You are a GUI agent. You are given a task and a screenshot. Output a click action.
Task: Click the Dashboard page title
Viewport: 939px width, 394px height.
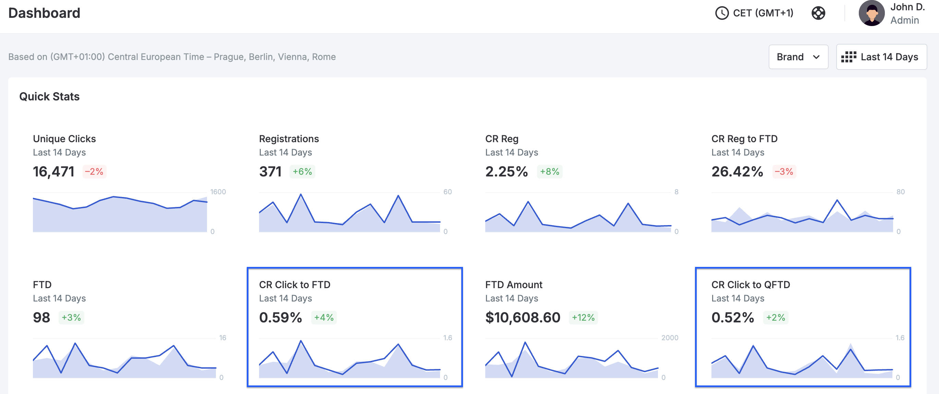(x=44, y=13)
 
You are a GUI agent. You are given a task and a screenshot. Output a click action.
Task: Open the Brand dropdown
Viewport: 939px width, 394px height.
(x=798, y=57)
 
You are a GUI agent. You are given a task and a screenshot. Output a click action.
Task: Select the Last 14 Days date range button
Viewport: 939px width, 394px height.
(x=881, y=57)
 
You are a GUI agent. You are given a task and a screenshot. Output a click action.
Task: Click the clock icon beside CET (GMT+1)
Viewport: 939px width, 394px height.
(x=722, y=13)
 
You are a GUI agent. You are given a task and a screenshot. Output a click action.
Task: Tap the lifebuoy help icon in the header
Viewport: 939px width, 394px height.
(x=818, y=13)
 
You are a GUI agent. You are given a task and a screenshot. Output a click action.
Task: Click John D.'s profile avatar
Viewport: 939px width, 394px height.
(x=871, y=13)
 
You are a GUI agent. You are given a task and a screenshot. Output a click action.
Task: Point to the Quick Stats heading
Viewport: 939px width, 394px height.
(x=49, y=97)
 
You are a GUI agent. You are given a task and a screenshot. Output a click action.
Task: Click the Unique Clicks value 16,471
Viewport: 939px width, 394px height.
(x=53, y=172)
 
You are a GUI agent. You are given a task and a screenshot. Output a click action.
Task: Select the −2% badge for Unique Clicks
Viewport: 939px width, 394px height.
(x=94, y=172)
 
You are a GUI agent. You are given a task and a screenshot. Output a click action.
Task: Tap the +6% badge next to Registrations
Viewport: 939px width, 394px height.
(x=302, y=172)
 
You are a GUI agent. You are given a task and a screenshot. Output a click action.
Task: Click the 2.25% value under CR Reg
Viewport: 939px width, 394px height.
(x=506, y=172)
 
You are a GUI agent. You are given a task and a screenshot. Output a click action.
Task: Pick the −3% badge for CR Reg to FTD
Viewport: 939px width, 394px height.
(x=784, y=172)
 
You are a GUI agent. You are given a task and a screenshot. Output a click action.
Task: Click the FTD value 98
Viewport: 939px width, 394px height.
(x=41, y=318)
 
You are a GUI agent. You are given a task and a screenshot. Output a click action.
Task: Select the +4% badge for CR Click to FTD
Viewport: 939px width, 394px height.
(x=324, y=318)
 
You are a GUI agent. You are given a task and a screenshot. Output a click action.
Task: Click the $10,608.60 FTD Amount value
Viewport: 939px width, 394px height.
(x=523, y=318)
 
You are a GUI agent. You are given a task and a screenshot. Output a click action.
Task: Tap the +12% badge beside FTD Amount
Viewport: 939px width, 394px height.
(x=583, y=318)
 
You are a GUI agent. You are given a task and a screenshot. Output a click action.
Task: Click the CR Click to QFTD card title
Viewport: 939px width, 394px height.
(x=751, y=285)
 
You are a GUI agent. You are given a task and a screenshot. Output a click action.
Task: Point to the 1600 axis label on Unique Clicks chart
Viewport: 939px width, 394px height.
(x=218, y=192)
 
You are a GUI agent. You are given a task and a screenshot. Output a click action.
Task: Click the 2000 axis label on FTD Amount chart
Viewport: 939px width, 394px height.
(x=670, y=338)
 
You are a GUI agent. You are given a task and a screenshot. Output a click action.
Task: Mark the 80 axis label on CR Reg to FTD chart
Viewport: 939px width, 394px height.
(x=900, y=192)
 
